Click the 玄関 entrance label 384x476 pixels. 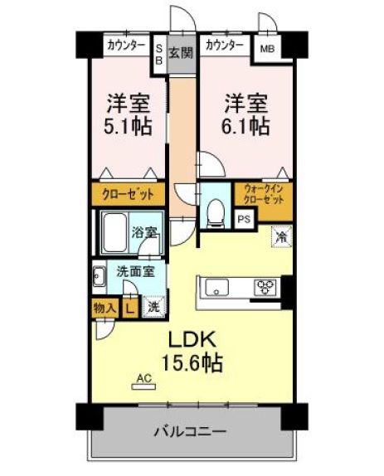(181, 54)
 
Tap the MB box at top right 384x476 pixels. (267, 49)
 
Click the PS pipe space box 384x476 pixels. (244, 219)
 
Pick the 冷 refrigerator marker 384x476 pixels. (281, 237)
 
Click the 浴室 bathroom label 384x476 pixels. (146, 232)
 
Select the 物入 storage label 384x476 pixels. (104, 306)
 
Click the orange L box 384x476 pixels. (129, 306)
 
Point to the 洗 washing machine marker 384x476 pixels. (153, 306)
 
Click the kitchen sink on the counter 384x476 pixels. (219, 289)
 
